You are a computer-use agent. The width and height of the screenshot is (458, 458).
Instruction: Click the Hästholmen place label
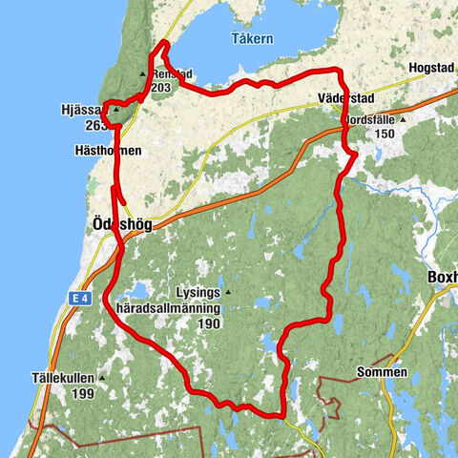pyautogui.click(x=109, y=152)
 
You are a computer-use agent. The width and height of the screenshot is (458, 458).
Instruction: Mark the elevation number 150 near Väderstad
pyautogui.click(x=385, y=135)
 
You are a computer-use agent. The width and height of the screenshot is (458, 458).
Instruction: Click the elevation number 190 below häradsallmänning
pyautogui.click(x=211, y=324)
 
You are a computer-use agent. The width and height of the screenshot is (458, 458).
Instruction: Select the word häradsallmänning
pyautogui.click(x=168, y=309)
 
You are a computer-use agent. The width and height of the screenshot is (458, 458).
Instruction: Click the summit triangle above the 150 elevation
pyautogui.click(x=402, y=120)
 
